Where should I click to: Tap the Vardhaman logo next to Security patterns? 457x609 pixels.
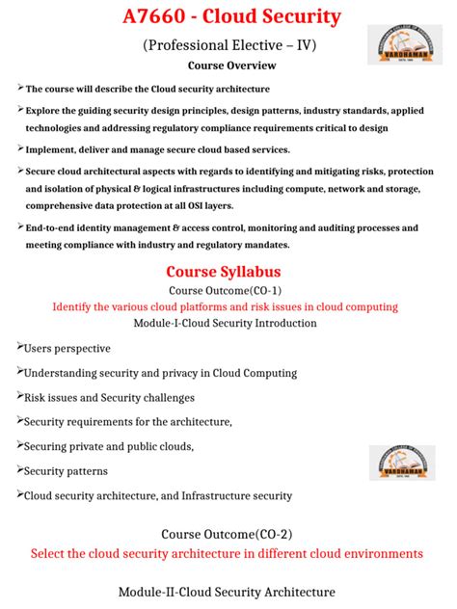(x=400, y=461)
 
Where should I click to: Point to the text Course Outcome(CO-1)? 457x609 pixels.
(x=228, y=290)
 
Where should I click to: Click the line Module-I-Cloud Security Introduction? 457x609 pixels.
(x=228, y=323)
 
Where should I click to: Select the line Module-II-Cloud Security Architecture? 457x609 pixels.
(x=228, y=592)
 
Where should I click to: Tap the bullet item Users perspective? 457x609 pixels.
(x=67, y=348)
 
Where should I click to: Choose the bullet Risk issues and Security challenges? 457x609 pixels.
(x=109, y=397)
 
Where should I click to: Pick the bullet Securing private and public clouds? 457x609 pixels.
(x=108, y=446)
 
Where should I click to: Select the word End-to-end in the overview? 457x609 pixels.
(x=52, y=228)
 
